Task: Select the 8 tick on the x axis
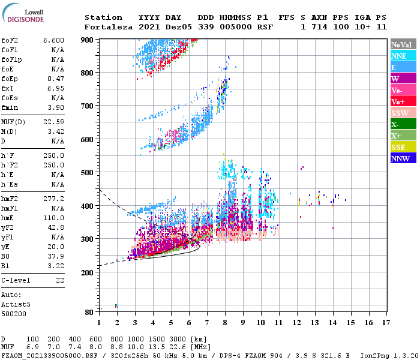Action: (x=225, y=322)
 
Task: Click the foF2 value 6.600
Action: (x=53, y=40)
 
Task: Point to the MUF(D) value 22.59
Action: (x=53, y=122)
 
